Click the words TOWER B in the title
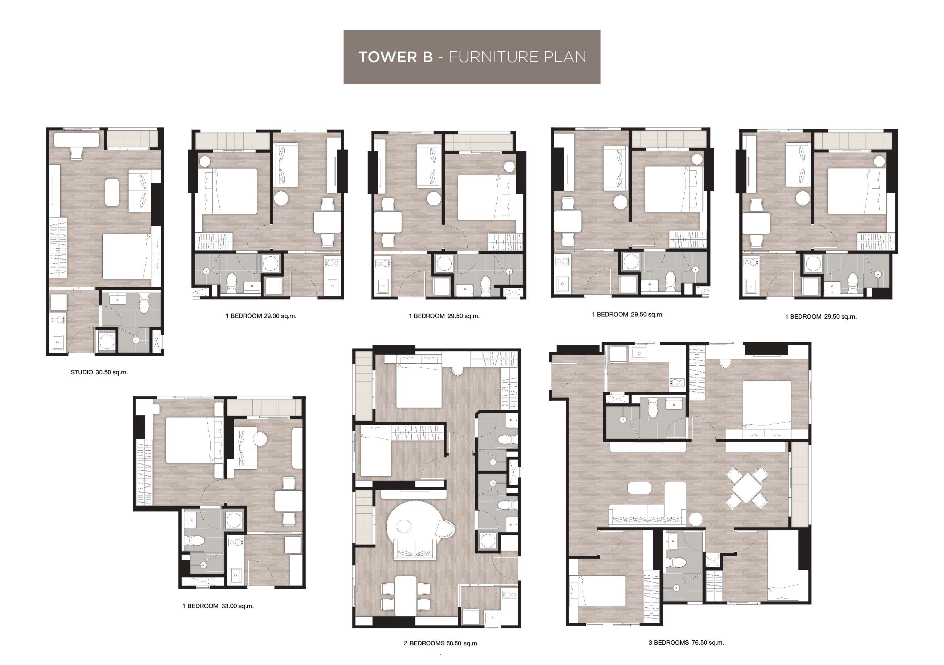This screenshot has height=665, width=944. click(395, 57)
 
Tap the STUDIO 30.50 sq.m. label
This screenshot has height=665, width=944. click(99, 372)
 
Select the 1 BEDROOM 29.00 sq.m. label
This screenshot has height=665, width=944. click(261, 316)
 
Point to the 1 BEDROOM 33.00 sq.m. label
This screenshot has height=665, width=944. click(218, 606)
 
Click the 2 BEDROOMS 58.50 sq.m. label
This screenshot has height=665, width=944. click(441, 643)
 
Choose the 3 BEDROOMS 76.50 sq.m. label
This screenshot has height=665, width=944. click(686, 642)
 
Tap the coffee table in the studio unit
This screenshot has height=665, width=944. click(113, 192)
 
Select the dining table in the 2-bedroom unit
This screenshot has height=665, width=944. click(406, 596)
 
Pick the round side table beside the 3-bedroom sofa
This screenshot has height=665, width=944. click(696, 519)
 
